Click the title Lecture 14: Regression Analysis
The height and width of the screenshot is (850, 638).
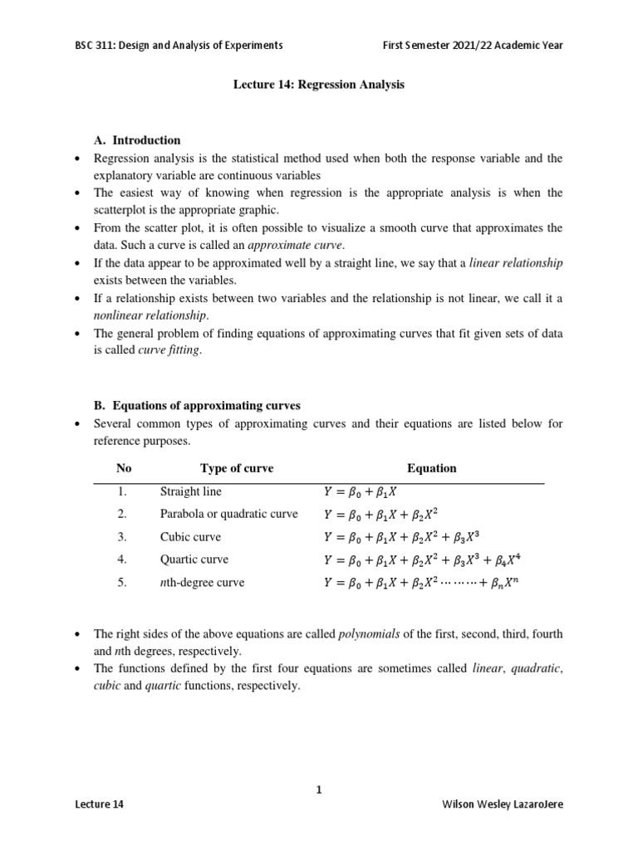click(318, 85)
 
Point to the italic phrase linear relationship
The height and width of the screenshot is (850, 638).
click(516, 263)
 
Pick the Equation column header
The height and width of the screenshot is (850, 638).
click(431, 468)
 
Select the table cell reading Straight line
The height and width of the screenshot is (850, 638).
click(190, 491)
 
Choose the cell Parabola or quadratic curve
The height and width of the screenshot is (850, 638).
click(228, 514)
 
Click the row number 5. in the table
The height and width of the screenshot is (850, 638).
click(122, 583)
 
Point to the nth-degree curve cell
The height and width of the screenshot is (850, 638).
click(202, 583)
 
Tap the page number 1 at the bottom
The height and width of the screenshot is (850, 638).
click(318, 790)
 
